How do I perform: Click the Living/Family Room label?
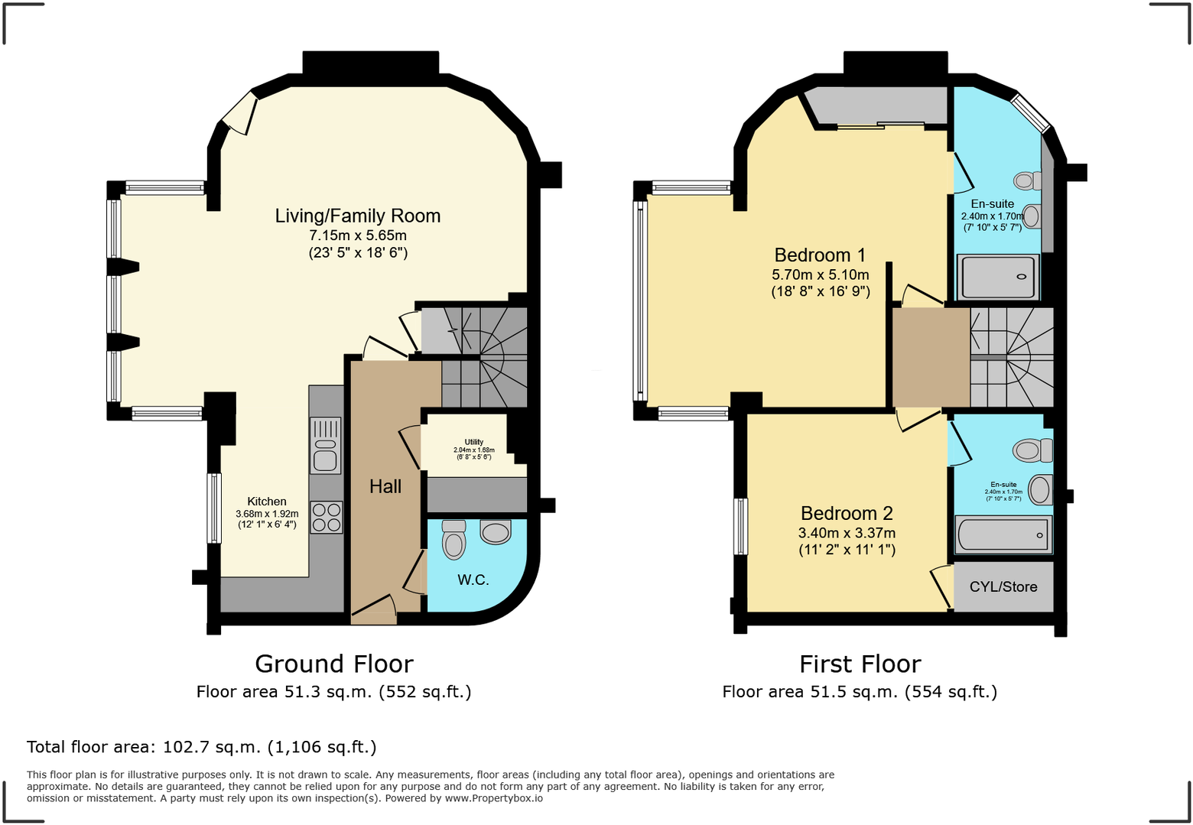click(358, 216)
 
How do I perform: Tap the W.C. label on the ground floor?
click(473, 580)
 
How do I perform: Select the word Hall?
click(385, 487)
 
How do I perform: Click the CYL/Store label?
click(1003, 587)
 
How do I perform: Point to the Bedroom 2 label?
click(847, 513)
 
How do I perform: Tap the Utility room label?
click(473, 442)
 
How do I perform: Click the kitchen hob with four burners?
click(327, 517)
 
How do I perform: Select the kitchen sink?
click(326, 446)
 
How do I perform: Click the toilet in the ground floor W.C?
click(454, 541)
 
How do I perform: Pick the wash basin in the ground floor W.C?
click(496, 531)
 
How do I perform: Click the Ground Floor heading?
click(334, 664)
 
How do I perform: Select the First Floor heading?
click(860, 664)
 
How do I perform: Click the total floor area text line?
click(202, 747)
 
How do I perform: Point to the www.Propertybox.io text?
click(493, 798)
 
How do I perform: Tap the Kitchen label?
click(266, 502)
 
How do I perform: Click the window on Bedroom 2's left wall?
click(740, 526)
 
